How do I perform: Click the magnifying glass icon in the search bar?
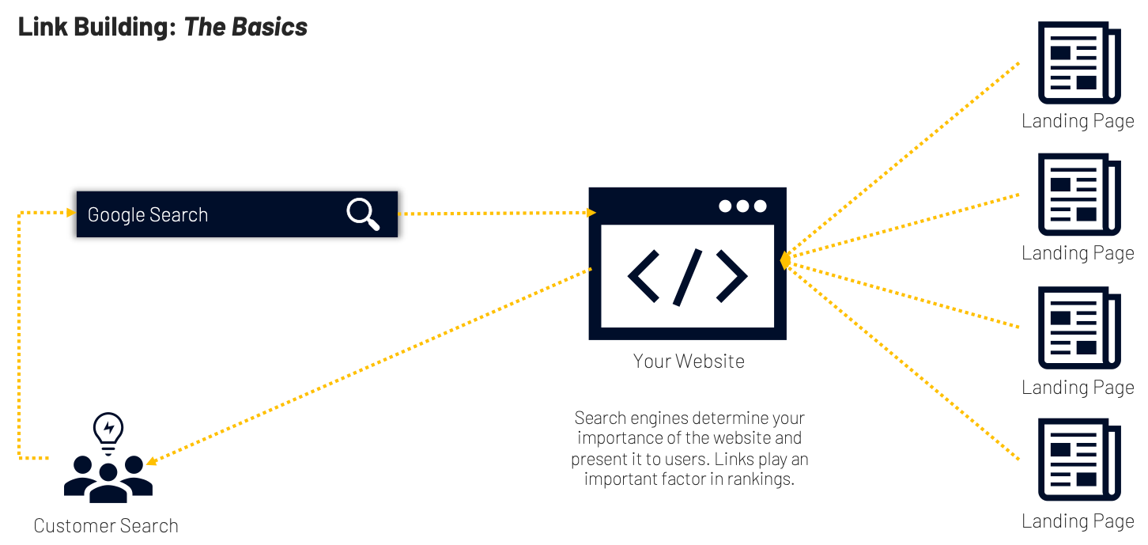coord(363,214)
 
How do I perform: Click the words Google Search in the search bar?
coord(148,215)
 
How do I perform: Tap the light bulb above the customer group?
coord(108,429)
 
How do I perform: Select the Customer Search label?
coord(106,526)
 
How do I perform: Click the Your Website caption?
coord(688,361)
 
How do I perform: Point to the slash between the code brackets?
coord(687,276)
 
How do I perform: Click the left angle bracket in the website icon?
coord(643,276)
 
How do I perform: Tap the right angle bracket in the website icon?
coord(731,276)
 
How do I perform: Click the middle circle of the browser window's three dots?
coord(742,206)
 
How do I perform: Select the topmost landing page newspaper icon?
coord(1079,63)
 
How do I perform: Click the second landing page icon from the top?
coord(1079,195)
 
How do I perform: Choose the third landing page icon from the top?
coord(1079,328)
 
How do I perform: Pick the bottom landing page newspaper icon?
coord(1079,461)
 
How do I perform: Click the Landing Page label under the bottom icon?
coord(1078,522)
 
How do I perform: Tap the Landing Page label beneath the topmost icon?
coord(1078,121)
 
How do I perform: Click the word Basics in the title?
coord(269,28)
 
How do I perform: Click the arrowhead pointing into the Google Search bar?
coord(71,213)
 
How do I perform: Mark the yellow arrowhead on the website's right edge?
coord(784,260)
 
